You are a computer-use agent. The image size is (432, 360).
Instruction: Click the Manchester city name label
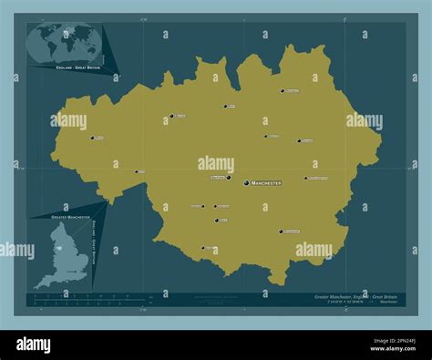[x=265, y=183]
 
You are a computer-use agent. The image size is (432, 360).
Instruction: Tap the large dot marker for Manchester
[x=245, y=182]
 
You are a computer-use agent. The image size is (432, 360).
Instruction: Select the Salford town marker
[x=225, y=178]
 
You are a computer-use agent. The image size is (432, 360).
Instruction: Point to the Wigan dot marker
[x=92, y=138]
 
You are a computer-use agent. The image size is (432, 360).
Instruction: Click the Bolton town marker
[x=171, y=116]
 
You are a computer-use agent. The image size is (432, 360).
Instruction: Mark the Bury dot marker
[x=225, y=106]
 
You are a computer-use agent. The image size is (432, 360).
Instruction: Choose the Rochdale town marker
[x=283, y=90]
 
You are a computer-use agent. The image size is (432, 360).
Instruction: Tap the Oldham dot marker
[x=299, y=140]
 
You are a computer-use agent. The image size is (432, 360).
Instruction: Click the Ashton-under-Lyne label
[x=318, y=178]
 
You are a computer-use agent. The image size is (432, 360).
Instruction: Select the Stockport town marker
[x=281, y=231]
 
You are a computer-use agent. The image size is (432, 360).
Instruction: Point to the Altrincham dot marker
[x=202, y=246]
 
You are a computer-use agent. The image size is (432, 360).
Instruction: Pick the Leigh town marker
[x=137, y=171]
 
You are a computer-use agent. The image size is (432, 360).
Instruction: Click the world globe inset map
[x=63, y=44]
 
